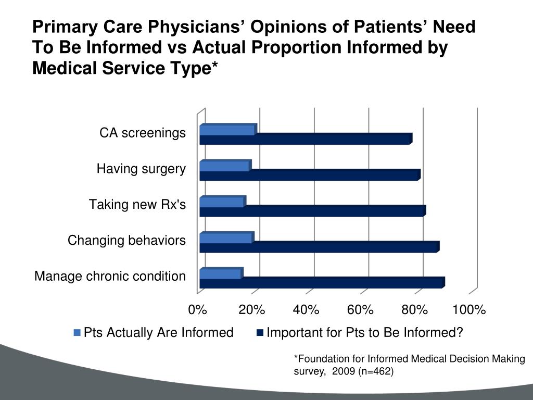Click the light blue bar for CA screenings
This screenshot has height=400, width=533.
coord(227,130)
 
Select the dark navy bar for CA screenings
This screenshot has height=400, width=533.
coord(305,139)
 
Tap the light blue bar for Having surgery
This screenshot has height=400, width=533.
coord(224,166)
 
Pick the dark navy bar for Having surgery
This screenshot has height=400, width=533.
coord(309,175)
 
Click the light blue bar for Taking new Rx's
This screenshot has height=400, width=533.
coord(222,202)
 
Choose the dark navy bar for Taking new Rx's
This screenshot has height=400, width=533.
coord(312,211)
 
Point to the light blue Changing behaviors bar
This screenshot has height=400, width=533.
coord(226,238)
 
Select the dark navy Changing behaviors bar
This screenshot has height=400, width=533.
coord(319,247)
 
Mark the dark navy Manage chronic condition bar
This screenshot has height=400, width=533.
coord(321,283)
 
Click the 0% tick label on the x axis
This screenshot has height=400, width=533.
coord(198,310)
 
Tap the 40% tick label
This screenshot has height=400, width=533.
coord(306,310)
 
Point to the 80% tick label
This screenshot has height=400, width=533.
coord(414,310)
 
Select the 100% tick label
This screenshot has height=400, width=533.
coord(469,310)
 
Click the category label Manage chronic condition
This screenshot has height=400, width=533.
coord(110,276)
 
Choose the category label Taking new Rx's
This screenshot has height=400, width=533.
coord(137,204)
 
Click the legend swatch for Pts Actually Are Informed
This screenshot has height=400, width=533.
coord(78,333)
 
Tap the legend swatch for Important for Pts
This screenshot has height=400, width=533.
coord(260,333)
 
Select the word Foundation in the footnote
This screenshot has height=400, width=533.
coord(321,359)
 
